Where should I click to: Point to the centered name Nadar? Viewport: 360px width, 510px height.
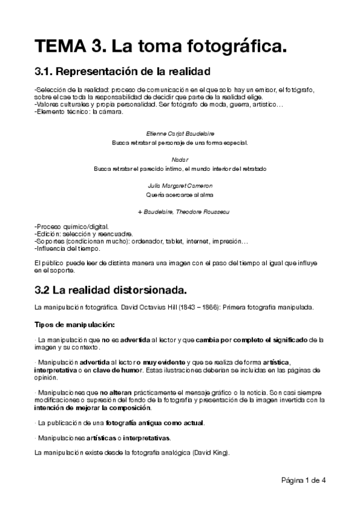coord(180,159)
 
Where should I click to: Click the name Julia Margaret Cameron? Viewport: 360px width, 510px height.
coord(180,186)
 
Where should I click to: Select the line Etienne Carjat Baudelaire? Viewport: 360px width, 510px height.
coord(180,132)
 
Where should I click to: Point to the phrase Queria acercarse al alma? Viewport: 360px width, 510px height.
coord(180,195)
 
